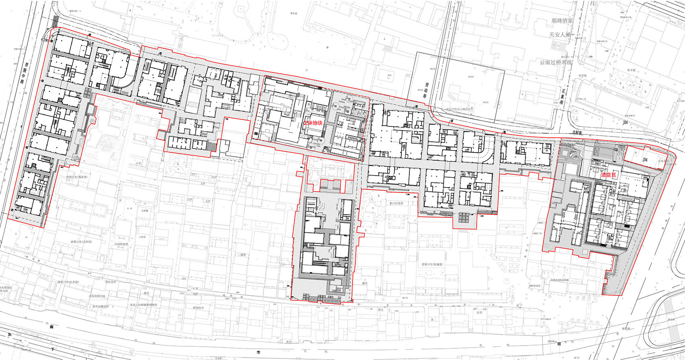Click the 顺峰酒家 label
coord(562,20)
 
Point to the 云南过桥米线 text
coord(556,62)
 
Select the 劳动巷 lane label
coord(428,89)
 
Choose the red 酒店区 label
coord(609,175)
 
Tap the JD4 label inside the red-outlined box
coord(645,159)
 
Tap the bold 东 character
coord(8,335)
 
